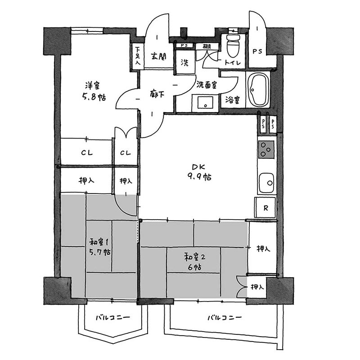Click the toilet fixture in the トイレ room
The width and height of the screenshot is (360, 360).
click(x=233, y=46)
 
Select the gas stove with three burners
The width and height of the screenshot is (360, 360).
click(x=266, y=149)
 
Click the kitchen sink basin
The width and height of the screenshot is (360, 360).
click(x=266, y=183)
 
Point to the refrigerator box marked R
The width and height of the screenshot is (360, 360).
click(x=265, y=207)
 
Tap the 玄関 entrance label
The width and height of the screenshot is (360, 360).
click(x=158, y=56)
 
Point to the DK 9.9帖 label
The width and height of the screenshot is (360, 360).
click(x=199, y=172)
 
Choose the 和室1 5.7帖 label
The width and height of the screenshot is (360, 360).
click(x=99, y=247)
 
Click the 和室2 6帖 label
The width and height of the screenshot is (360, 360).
click(x=195, y=262)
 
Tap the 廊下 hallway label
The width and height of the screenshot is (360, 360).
click(x=157, y=94)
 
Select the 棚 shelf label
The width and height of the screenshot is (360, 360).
click(x=207, y=46)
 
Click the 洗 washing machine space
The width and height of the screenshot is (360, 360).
click(x=185, y=63)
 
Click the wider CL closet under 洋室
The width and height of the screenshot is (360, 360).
click(x=86, y=152)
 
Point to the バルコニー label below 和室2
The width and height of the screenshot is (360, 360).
click(x=225, y=318)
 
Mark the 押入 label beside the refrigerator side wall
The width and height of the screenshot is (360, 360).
click(x=263, y=248)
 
